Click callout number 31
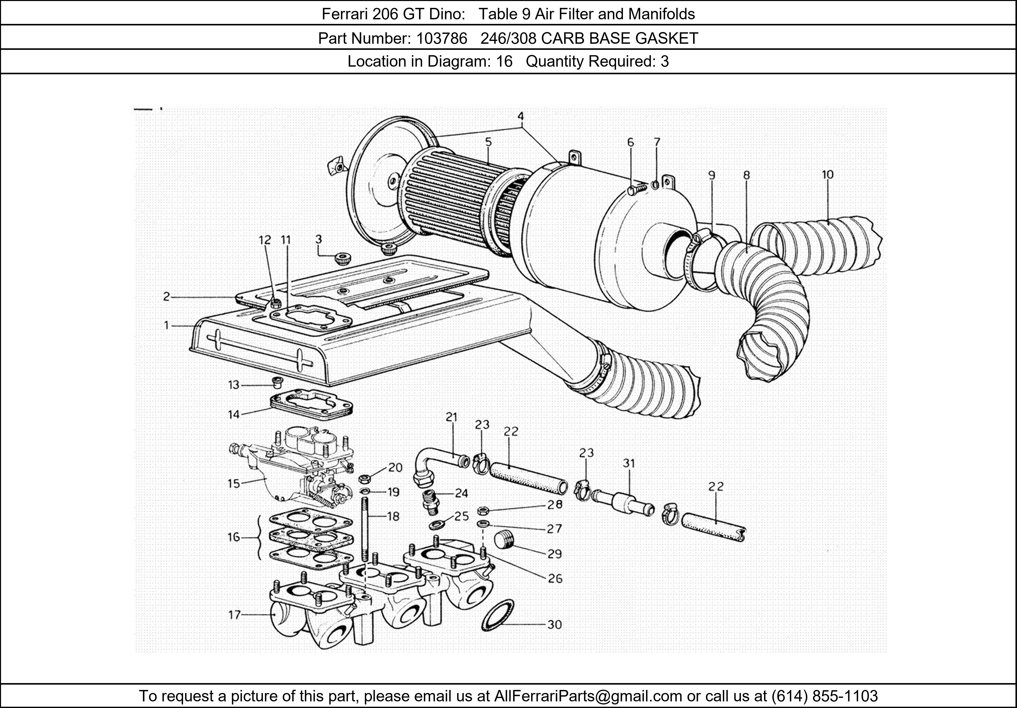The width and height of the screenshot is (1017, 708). [629, 463]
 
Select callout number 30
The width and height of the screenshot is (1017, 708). [555, 625]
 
